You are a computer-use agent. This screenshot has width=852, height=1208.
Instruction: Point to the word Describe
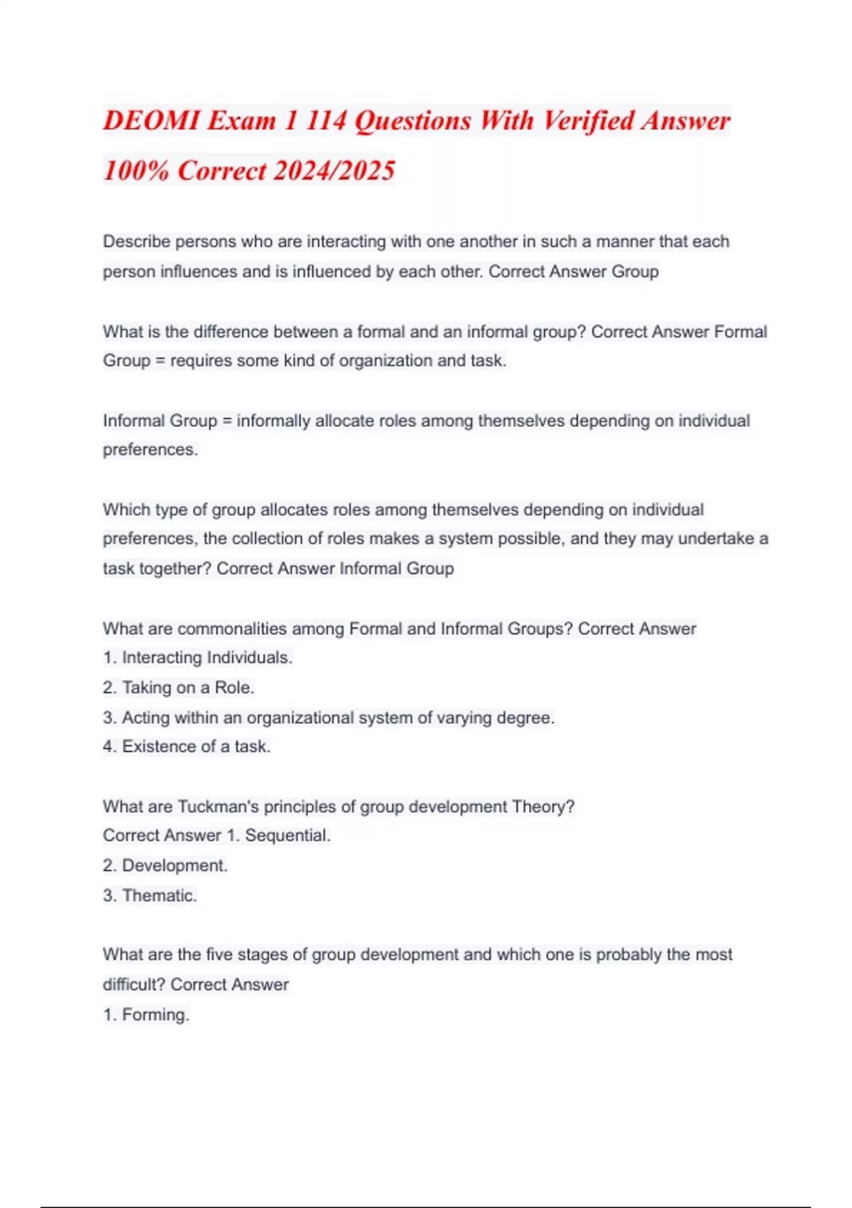pos(136,242)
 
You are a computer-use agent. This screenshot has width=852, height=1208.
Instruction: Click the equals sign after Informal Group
pos(227,421)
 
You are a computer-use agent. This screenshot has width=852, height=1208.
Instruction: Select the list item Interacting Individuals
pos(207,658)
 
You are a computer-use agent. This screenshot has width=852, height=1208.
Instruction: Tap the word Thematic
pos(159,895)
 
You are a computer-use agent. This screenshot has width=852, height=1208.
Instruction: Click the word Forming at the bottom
pos(155,1015)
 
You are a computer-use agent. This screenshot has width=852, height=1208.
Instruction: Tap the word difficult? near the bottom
pos(133,985)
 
